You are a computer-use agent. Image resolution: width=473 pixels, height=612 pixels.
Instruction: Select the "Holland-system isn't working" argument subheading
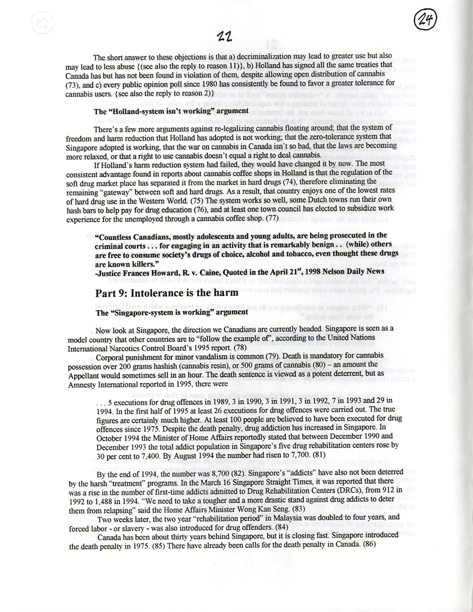click(x=171, y=111)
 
